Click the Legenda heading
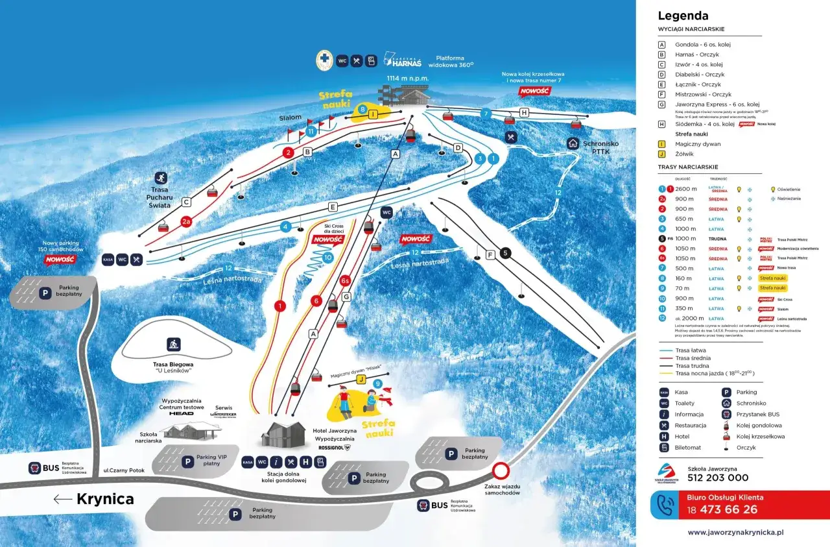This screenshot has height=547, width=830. click(x=683, y=16)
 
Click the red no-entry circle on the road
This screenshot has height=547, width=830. click(x=500, y=470)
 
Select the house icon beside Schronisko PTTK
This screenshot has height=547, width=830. click(x=573, y=143)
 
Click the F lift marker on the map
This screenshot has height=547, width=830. click(x=490, y=255)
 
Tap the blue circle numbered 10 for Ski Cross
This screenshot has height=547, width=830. click(x=327, y=258)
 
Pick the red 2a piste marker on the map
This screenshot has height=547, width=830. click(x=187, y=221)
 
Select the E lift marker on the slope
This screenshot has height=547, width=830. click(x=333, y=207)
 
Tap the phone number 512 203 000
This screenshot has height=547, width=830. click(x=718, y=478)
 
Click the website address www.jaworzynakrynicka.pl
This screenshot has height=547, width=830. click(x=735, y=532)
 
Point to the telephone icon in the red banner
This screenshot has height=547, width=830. click(x=666, y=505)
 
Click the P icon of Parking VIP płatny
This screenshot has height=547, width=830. click(x=187, y=461)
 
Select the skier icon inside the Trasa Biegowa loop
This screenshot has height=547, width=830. click(x=174, y=344)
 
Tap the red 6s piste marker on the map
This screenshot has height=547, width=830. click(x=346, y=281)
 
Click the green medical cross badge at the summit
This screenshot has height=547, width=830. click(x=324, y=61)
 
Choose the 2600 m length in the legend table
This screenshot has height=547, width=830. click(x=685, y=189)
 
